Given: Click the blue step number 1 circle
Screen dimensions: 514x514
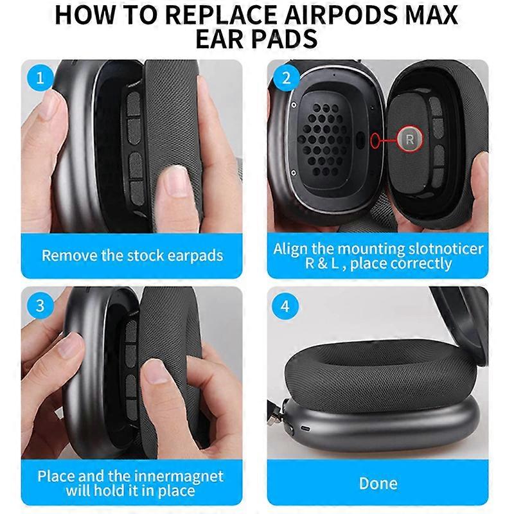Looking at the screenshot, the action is (x=40, y=78).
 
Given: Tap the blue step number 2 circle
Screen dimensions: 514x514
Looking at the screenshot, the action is (x=286, y=78).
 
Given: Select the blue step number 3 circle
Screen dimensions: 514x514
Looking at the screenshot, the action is (x=40, y=306).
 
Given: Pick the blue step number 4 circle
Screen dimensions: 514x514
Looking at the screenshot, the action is (x=285, y=306).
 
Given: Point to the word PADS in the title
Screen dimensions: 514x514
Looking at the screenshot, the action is (x=284, y=39).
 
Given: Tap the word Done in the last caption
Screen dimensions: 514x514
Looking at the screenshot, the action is (x=378, y=483).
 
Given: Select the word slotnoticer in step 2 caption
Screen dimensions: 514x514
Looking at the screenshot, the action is (x=446, y=249).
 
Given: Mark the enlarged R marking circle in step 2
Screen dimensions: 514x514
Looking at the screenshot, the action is (x=410, y=139).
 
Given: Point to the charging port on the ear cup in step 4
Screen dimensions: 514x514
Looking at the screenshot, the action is (x=306, y=429).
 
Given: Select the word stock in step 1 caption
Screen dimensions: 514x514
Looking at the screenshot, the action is (x=146, y=256).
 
